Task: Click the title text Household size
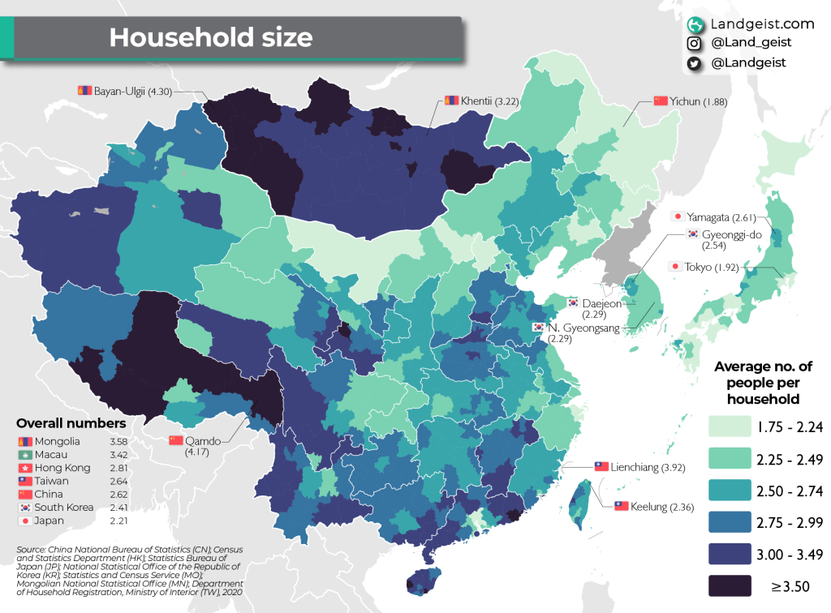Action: point(210,37)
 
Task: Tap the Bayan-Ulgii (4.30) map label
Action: point(118,91)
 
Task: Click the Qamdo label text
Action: point(203,440)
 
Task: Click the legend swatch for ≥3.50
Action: point(730,585)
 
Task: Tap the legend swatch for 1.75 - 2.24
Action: point(730,427)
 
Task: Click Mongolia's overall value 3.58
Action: point(118,441)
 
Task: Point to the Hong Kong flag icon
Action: point(24,468)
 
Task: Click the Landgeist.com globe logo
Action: point(695,24)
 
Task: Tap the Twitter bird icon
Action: point(695,62)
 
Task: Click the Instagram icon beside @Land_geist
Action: point(695,43)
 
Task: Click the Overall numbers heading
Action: point(71,423)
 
